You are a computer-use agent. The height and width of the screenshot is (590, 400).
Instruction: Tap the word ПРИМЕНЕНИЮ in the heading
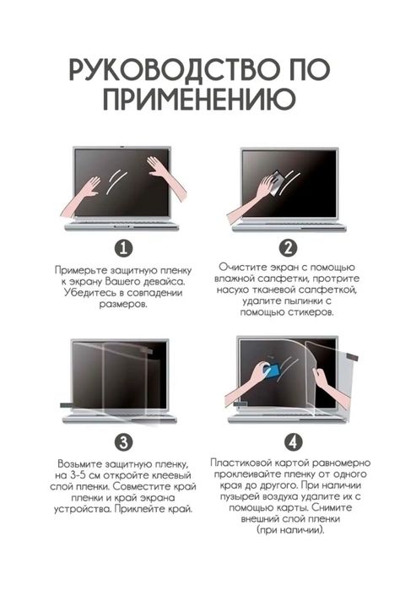tap(199, 101)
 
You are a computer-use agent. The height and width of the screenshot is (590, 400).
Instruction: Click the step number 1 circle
tap(123, 248)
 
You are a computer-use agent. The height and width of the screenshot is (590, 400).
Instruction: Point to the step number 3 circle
tap(123, 442)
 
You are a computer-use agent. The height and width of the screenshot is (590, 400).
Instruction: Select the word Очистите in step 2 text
tap(241, 267)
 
